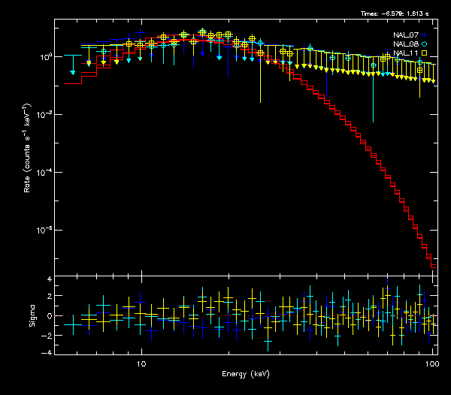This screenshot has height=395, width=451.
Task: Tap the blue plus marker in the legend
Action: (425, 35)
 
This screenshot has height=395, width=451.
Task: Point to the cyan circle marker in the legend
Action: (425, 44)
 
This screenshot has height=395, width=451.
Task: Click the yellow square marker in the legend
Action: (425, 53)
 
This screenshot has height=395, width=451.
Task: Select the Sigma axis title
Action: (32, 315)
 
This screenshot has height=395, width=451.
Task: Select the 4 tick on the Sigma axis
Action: (48, 279)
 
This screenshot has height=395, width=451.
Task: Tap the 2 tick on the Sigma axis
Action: (48, 297)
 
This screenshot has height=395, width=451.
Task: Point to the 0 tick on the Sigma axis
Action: (48, 316)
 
